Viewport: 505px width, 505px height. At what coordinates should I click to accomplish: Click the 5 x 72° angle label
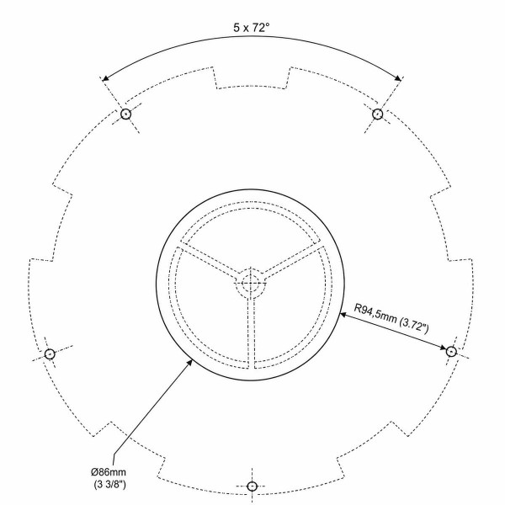251,28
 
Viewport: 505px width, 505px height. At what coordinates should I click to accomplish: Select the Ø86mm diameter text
109,472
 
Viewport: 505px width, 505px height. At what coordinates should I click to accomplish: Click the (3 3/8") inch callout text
109,485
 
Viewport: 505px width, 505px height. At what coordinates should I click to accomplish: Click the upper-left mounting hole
125,114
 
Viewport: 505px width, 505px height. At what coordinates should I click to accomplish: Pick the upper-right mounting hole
377,114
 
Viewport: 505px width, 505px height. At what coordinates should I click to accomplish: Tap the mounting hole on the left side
50,354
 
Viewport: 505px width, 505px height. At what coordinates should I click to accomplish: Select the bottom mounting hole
252,486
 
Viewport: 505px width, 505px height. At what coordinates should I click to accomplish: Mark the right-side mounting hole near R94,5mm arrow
451,351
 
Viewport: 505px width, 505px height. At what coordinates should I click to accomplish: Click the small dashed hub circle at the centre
251,268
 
